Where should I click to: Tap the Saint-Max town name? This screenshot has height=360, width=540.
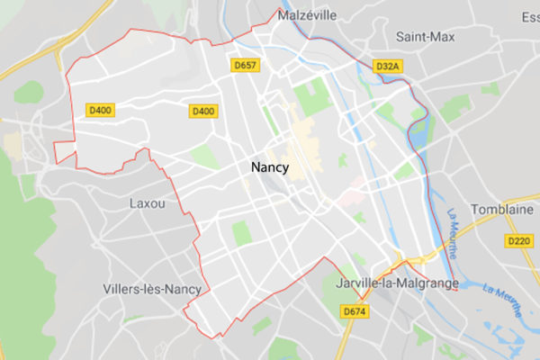426,37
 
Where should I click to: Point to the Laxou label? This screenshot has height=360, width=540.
148,203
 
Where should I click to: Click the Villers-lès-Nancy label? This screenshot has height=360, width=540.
146,289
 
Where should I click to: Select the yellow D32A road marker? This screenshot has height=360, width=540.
387,66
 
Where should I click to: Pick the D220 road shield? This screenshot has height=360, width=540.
517,241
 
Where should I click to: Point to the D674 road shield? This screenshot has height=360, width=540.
355,310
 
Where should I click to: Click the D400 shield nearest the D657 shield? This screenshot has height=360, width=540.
202,111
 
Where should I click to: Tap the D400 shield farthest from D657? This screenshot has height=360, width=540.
100,111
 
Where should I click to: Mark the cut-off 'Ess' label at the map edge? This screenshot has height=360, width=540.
530,16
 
